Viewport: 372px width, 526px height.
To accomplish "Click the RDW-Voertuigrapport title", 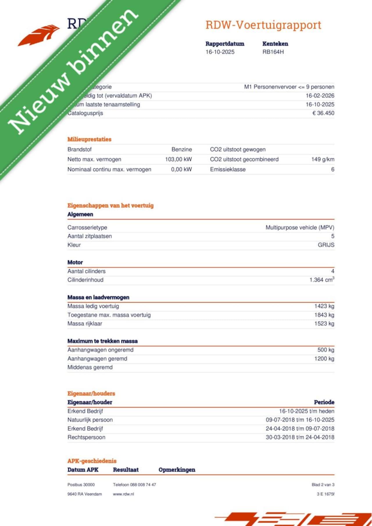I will (x=263, y=25).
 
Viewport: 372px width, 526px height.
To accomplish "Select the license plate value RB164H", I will (x=273, y=52).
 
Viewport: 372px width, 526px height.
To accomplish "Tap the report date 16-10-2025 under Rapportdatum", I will (x=220, y=52).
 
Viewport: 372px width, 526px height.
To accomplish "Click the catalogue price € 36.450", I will (x=323, y=113).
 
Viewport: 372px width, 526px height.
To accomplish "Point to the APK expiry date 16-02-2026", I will (x=320, y=96).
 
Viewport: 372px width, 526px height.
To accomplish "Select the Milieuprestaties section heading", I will (x=89, y=139).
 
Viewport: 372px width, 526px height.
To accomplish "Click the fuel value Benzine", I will (x=182, y=149).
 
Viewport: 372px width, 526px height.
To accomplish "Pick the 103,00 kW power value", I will (x=178, y=159).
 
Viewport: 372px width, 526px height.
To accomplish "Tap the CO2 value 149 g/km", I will (x=323, y=159).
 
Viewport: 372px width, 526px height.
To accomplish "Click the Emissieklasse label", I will (x=228, y=170).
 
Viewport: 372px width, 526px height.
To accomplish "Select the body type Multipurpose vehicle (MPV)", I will (x=300, y=228).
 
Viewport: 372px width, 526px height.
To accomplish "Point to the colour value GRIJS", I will (x=326, y=245).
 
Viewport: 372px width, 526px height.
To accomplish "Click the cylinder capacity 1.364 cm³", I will (x=322, y=280).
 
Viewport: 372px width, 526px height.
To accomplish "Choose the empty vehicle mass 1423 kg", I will (x=324, y=306).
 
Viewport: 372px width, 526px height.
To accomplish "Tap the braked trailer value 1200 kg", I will (x=324, y=359).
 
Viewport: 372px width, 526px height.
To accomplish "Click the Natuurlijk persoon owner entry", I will (x=90, y=420).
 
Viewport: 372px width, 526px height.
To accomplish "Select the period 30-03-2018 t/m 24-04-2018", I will (x=300, y=437).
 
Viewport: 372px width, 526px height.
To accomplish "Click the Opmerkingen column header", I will (x=177, y=470).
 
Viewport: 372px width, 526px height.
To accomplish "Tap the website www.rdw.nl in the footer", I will (x=123, y=494).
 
